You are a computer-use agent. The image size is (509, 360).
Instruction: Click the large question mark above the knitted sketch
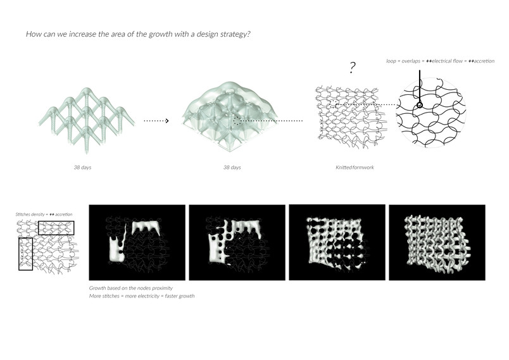click(353, 68)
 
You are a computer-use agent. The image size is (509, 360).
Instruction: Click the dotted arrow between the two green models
click(156, 121)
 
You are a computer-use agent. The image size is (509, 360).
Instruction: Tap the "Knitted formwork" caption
click(355, 168)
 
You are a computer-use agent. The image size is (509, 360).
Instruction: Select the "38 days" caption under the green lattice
click(82, 168)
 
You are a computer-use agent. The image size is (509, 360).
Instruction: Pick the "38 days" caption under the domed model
click(232, 168)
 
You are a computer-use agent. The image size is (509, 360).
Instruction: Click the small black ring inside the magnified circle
click(419, 105)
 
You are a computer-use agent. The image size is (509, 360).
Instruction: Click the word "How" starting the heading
click(32, 34)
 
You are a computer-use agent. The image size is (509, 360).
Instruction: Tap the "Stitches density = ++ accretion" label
click(44, 214)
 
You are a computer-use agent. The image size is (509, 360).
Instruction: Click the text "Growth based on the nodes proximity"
click(131, 288)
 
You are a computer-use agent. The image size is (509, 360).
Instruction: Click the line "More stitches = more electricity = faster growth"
click(142, 296)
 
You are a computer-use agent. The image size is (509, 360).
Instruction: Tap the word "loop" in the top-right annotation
click(391, 61)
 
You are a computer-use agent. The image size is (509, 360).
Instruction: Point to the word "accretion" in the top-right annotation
click(484, 61)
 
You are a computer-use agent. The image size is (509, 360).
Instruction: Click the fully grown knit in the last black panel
click(437, 243)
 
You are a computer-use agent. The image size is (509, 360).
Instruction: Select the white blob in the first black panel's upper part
click(146, 227)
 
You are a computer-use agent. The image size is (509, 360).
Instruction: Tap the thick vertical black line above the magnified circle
click(419, 86)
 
